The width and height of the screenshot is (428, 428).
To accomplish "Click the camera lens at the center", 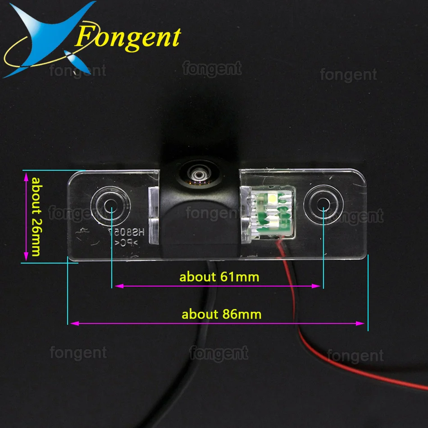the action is point(197,174).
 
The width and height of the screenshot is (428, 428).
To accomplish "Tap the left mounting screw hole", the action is point(109,205).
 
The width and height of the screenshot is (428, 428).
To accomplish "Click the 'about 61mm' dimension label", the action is point(219,276).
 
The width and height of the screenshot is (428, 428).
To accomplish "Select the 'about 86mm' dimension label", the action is point(221,314).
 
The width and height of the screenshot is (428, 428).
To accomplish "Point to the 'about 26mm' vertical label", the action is point(36,216).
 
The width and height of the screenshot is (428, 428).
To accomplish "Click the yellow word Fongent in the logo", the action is point(129,37).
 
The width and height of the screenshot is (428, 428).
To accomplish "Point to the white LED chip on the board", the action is point(273,198).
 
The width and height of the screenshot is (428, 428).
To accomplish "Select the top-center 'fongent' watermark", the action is point(212,68).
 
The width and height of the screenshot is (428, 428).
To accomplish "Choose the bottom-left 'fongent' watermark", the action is point(78,352).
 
